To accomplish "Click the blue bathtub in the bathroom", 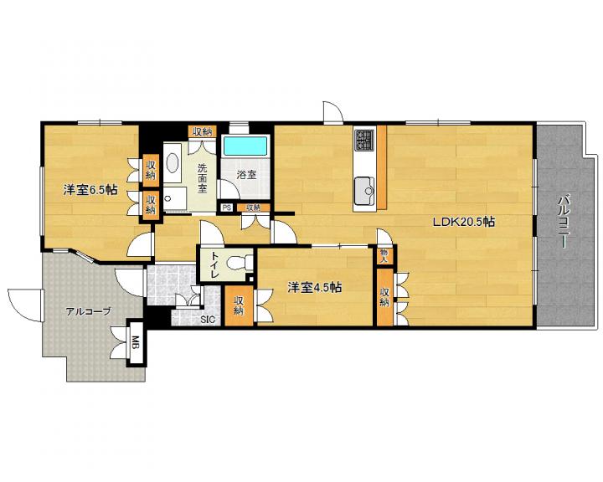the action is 245,146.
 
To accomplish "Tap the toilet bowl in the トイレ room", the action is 236,264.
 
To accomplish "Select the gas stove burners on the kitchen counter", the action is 364,140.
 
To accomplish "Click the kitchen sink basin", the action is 364,191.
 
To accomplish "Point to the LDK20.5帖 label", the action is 463,222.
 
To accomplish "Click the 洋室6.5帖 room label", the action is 90,189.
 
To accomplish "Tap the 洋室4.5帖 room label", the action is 315,287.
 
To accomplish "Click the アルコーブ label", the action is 88,311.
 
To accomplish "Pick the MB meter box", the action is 136,342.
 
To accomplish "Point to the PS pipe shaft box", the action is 226,208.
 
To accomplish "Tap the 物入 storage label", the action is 384,255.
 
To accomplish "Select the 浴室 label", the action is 246,175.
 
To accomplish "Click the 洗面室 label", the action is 203,178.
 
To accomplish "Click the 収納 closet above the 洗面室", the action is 203,132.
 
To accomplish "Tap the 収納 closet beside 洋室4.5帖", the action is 239,306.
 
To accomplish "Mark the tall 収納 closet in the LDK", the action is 385,297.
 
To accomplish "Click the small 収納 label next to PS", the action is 254,208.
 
